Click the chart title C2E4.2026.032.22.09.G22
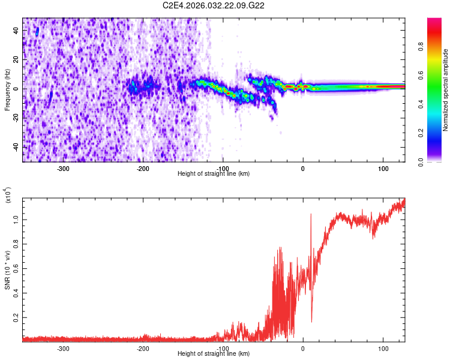pyautogui.click(x=214, y=5)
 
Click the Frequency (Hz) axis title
pyautogui.click(x=7, y=89)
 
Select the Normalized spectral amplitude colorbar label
pyautogui.click(x=446, y=90)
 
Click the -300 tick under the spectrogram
pyautogui.click(x=63, y=168)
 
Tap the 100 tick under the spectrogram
pyautogui.click(x=383, y=168)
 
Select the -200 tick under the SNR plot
pyautogui.click(x=143, y=348)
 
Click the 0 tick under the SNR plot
pyautogui.click(x=303, y=348)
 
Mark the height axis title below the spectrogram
pyautogui.click(x=214, y=174)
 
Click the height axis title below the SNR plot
pyautogui.click(x=214, y=354)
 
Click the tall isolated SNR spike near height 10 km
pyautogui.click(x=311, y=216)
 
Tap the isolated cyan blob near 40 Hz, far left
pyautogui.click(x=37, y=32)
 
